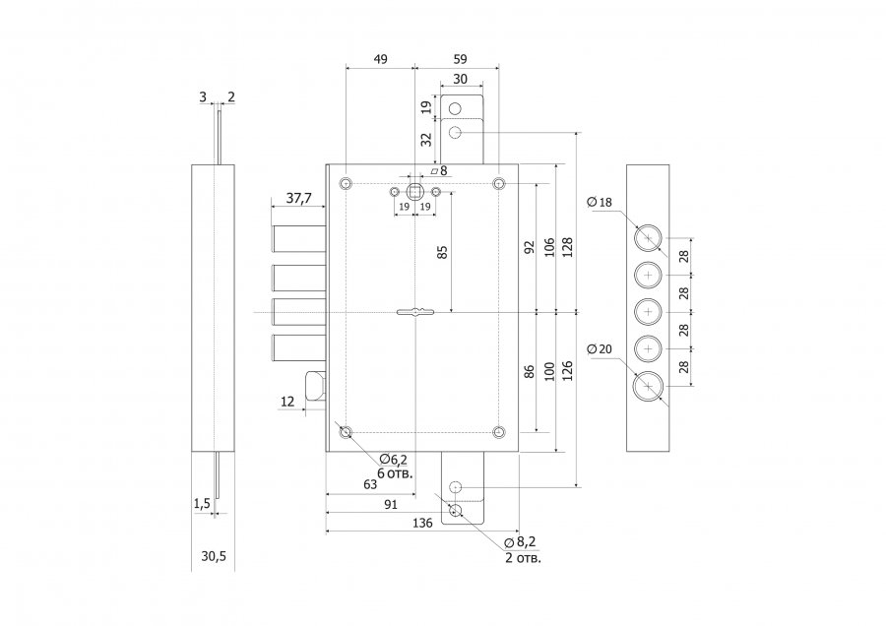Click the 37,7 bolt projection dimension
[298, 198]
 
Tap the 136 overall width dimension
[422, 524]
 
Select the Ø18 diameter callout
[600, 202]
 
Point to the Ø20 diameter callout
[600, 349]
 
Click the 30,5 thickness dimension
[214, 556]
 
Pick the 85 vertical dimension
[443, 252]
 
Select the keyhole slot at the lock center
[415, 311]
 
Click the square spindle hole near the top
[415, 192]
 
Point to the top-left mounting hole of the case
[346, 183]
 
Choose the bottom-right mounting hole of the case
[498, 433]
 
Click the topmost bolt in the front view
[299, 238]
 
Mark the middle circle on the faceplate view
[648, 311]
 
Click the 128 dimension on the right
[567, 247]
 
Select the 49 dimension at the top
[381, 59]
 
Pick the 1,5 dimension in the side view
[202, 503]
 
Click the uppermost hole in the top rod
[454, 109]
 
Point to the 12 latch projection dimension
[287, 402]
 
